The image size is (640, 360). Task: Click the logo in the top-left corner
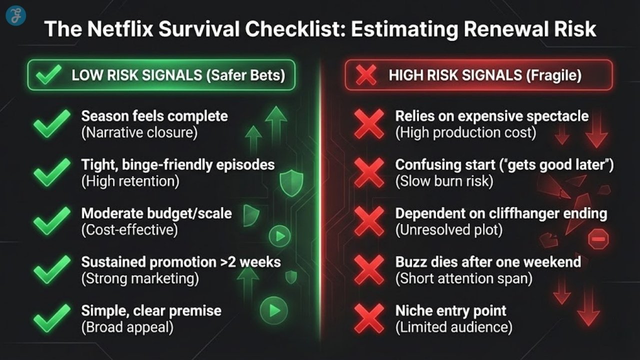pyautogui.click(x=15, y=15)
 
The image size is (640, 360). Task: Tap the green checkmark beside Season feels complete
pyautogui.click(x=52, y=124)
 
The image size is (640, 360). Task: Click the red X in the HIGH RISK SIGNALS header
pyautogui.click(x=367, y=75)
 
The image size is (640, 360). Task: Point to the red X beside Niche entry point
pyautogui.click(x=369, y=318)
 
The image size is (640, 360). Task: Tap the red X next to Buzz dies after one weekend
pyautogui.click(x=369, y=270)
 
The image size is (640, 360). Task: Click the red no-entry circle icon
pyautogui.click(x=598, y=239)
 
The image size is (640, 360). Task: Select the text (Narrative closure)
pyautogui.click(x=139, y=133)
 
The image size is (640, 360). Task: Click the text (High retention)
pyautogui.click(x=130, y=181)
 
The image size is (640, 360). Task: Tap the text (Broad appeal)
pyautogui.click(x=127, y=327)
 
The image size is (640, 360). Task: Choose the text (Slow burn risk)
pyautogui.click(x=444, y=181)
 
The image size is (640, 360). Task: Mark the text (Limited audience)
pyautogui.click(x=453, y=327)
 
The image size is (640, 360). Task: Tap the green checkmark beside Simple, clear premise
pyautogui.click(x=52, y=318)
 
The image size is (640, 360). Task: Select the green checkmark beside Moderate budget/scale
pyautogui.click(x=52, y=221)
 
